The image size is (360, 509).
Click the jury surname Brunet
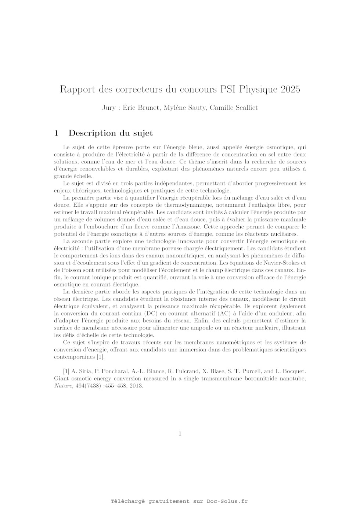coord(150,108)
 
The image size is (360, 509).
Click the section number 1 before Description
coord(56,133)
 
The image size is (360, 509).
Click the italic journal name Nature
coord(63,386)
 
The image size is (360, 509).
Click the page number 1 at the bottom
coord(180,434)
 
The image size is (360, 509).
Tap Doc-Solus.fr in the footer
coord(227,501)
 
